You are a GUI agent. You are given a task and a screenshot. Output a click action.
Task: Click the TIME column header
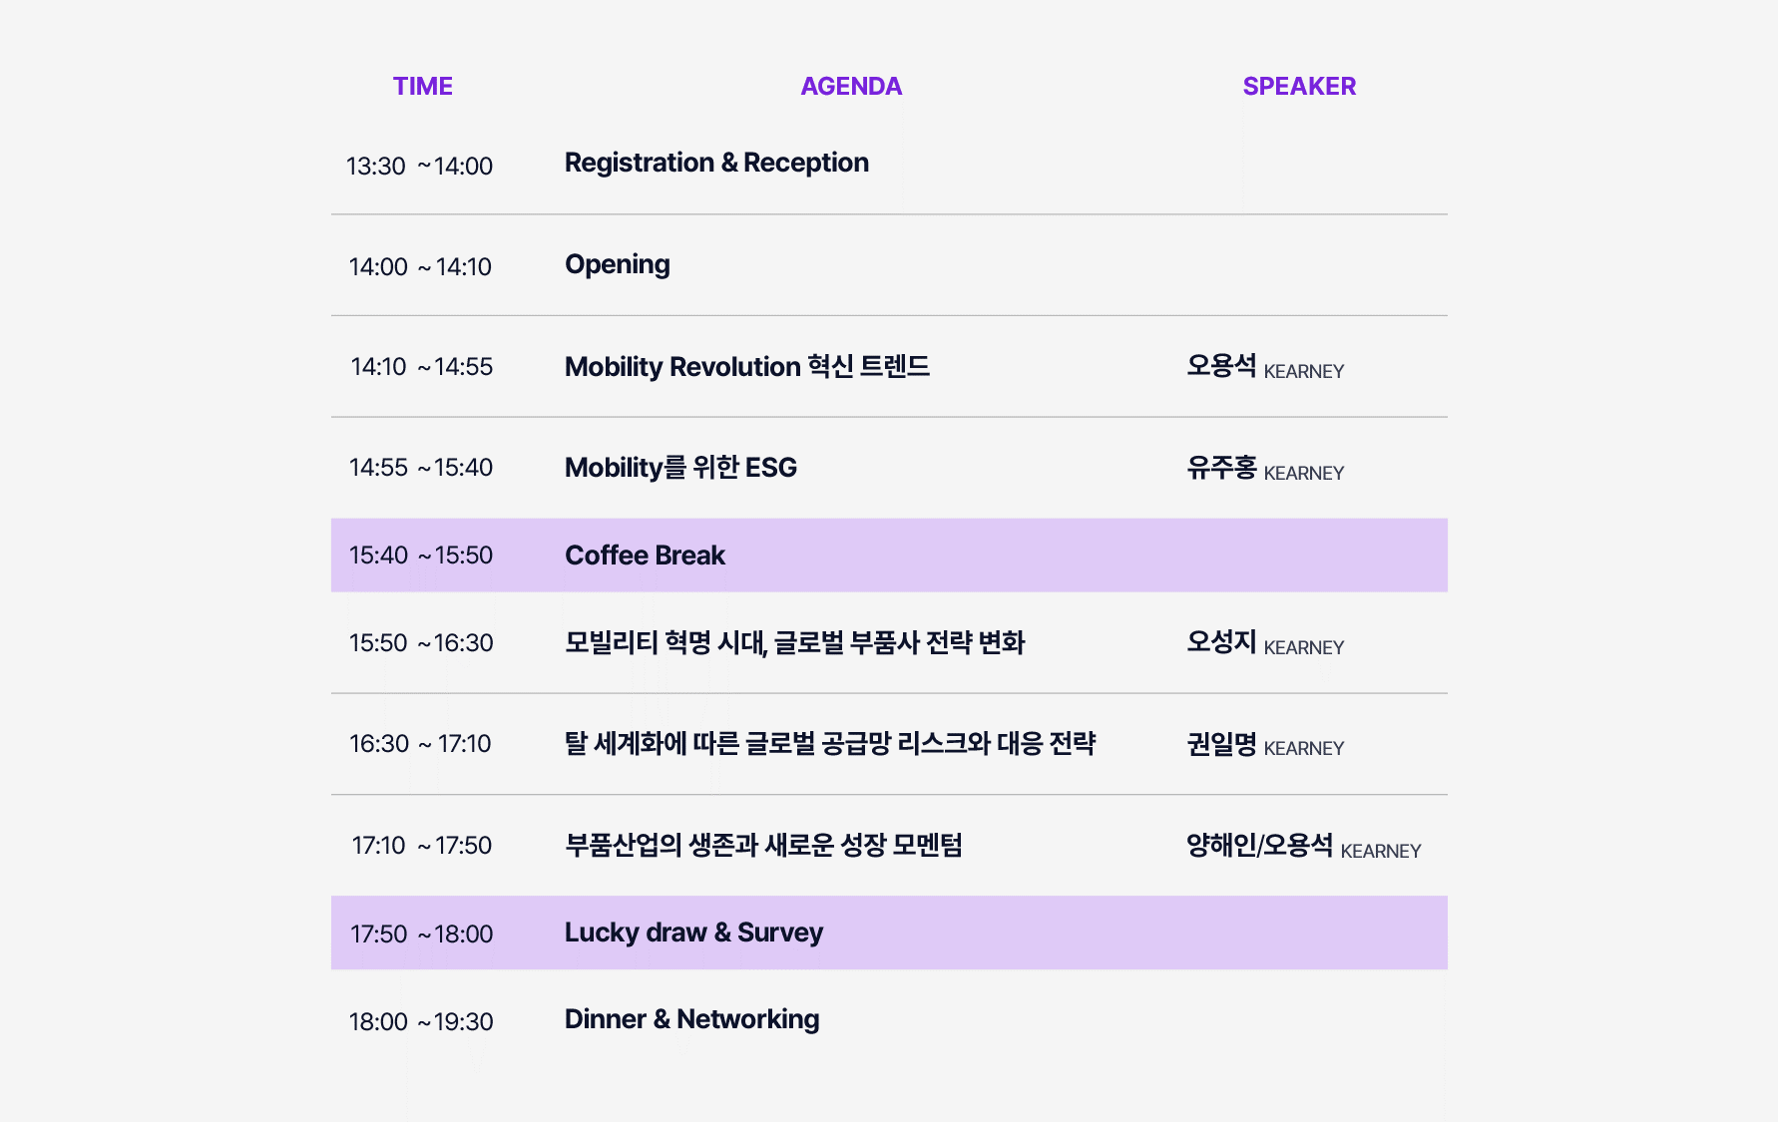point(423,87)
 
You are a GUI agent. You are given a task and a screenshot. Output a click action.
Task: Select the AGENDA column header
point(851,87)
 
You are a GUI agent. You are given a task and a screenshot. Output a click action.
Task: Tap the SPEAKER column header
point(1299,87)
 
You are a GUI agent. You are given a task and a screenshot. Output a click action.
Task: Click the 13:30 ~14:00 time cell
point(419,166)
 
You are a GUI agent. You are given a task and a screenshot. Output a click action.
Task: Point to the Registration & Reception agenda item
point(716,163)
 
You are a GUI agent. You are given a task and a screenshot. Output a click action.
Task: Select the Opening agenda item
point(618,265)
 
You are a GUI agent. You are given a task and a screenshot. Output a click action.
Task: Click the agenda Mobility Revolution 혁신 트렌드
point(747,366)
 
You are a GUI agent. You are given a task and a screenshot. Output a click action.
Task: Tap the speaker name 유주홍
point(1221,467)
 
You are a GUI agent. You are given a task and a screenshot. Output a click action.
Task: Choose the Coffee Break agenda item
point(645,556)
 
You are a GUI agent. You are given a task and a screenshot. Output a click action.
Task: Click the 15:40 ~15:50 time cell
point(421,556)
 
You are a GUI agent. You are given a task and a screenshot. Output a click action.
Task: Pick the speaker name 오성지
point(1221,641)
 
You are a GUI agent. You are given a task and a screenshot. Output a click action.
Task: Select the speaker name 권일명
point(1221,743)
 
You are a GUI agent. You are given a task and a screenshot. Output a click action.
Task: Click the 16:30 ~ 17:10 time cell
point(420,744)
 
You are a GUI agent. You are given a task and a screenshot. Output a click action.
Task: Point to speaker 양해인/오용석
point(1259,845)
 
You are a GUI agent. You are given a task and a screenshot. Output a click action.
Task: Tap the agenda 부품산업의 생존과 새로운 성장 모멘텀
point(763,845)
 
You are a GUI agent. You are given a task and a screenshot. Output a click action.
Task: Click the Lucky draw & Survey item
point(693,934)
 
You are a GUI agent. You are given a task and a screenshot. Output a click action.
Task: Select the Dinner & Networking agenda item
point(691,1019)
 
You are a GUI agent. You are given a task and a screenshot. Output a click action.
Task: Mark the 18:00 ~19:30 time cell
point(421,1022)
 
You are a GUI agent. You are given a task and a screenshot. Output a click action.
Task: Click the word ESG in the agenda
point(771,468)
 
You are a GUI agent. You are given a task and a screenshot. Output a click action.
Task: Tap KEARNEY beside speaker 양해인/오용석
point(1381,851)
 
